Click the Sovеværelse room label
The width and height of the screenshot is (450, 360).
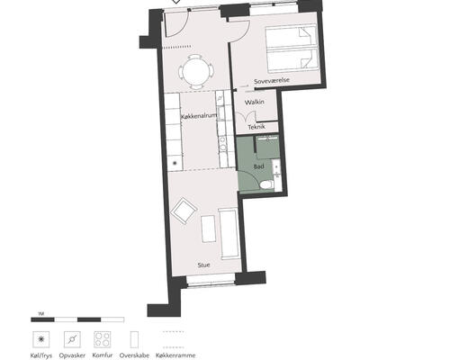[x=272, y=81]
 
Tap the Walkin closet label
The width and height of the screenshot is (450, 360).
[x=255, y=102]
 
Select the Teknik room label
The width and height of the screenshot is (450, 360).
[x=256, y=127]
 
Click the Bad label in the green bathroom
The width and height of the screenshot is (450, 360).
[x=259, y=166]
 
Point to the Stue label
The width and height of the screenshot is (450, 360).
[x=203, y=265]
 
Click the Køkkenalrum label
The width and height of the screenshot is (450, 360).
[x=199, y=116]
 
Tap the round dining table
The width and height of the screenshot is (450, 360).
[x=196, y=72]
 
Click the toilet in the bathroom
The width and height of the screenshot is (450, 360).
[x=265, y=184]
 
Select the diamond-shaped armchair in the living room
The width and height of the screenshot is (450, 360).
[x=184, y=211]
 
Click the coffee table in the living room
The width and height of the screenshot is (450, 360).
[x=209, y=229]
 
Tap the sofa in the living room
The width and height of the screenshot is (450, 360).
[x=229, y=234]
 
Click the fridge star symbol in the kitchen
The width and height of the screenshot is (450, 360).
[x=175, y=163]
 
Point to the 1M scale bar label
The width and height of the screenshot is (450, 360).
[x=41, y=314]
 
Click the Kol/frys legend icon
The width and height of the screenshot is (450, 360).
[x=41, y=339]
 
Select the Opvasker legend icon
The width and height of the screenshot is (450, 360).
[x=72, y=339]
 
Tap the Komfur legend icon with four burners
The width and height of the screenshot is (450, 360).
[x=103, y=339]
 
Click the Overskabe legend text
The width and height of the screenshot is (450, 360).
[x=134, y=355]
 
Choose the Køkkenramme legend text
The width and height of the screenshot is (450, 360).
[x=175, y=355]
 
